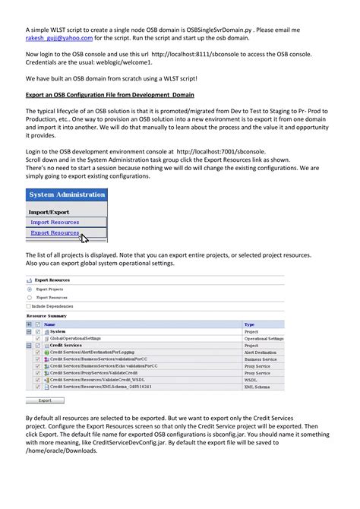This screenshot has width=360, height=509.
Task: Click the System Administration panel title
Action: pos(67,195)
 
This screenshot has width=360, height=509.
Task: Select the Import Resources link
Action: pos(55,222)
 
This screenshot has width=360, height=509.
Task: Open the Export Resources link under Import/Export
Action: pos(55,232)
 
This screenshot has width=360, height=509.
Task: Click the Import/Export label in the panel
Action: pos(50,211)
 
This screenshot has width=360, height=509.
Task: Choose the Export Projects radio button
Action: pos(30,289)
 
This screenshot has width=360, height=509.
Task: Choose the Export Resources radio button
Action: pos(30,297)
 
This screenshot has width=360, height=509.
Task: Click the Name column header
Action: pos(50,324)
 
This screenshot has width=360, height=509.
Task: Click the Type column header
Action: pos(249,324)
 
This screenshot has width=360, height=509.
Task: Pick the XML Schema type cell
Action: pos(258,386)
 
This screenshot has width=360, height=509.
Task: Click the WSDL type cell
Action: pos(251,379)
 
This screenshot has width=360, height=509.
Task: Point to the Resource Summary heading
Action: pos(46,315)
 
